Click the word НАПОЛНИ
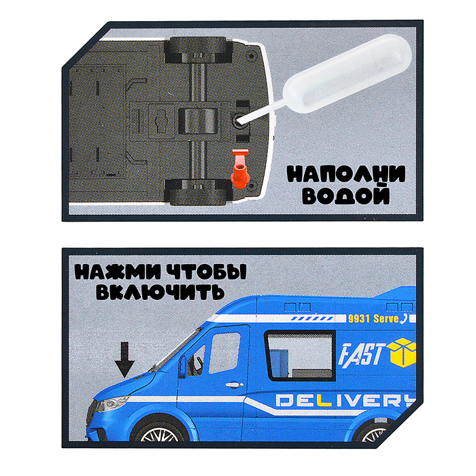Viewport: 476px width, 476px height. (x=345, y=175)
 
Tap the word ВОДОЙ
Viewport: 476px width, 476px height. (x=346, y=198)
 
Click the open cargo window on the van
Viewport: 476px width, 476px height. (x=296, y=354)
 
